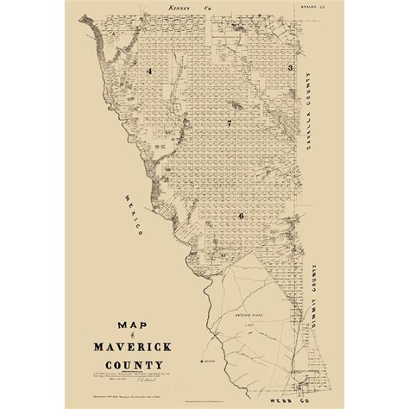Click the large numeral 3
(292, 67)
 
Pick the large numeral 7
(229, 124)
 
